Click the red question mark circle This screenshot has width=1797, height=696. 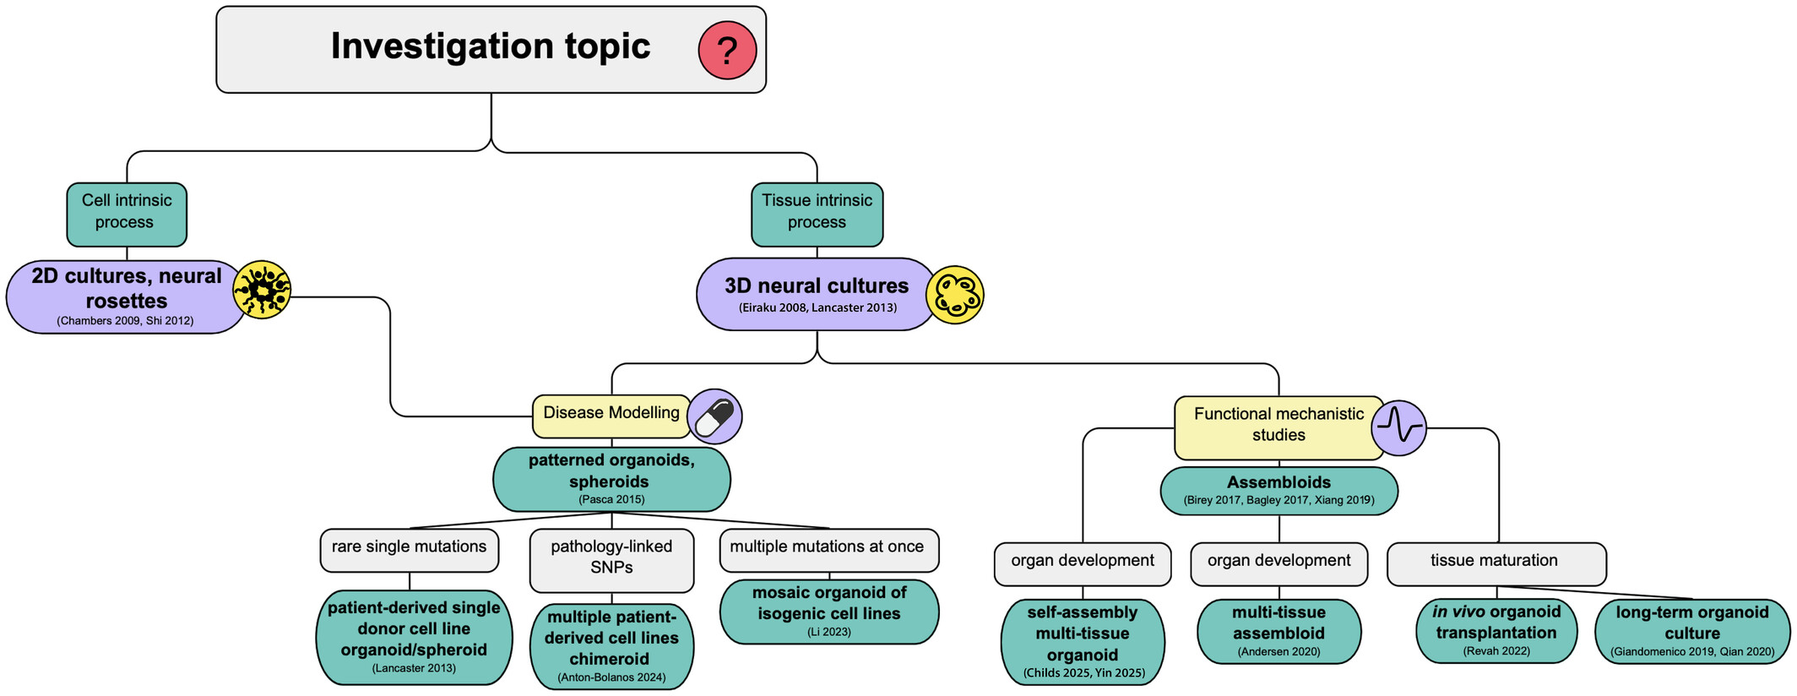[x=726, y=51]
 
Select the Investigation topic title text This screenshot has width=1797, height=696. [x=490, y=46]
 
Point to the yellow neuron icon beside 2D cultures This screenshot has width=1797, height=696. [x=262, y=290]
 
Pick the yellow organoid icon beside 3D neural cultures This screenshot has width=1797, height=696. [x=954, y=295]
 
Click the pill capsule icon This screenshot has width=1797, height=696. [x=714, y=416]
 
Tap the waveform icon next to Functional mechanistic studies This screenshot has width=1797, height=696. [x=1399, y=427]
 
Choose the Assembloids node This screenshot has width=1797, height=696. [x=1279, y=490]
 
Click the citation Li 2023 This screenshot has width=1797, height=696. [x=828, y=632]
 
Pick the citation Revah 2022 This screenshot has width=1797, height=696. [x=1496, y=651]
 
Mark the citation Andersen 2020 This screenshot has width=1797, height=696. [x=1279, y=652]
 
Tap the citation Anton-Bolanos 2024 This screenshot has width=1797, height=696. [x=611, y=677]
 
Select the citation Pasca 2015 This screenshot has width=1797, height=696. [x=611, y=499]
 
